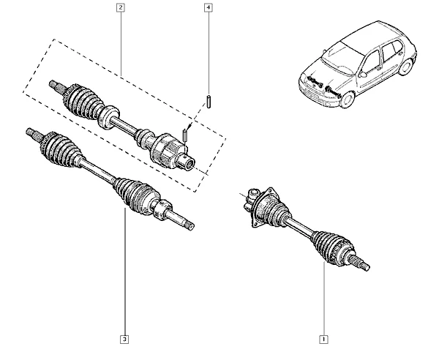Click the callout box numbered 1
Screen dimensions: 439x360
(x=323, y=340)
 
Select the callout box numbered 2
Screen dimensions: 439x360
(x=121, y=7)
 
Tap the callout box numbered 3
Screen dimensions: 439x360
(x=124, y=340)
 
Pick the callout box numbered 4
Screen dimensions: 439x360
(x=208, y=7)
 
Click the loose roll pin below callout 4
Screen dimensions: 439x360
(x=209, y=102)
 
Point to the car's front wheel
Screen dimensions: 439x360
(x=348, y=100)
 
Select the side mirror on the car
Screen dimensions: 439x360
(x=363, y=75)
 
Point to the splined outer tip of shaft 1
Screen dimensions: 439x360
(x=361, y=263)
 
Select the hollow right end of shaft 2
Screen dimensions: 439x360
(x=187, y=162)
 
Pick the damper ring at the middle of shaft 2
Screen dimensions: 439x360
(x=108, y=117)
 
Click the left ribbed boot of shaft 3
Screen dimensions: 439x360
(x=60, y=149)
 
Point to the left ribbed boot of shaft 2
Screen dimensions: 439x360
(x=83, y=101)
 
